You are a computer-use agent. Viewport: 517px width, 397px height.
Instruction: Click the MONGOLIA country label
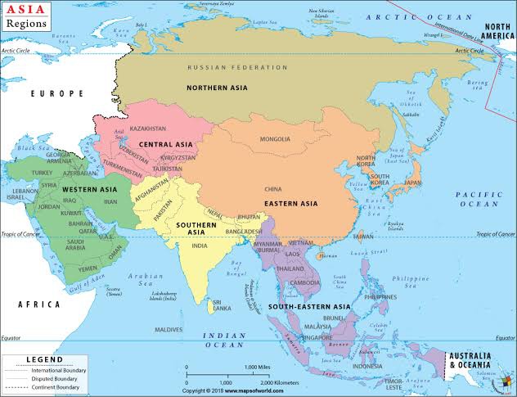(x=274, y=139)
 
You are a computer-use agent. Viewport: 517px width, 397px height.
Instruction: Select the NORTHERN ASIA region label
(x=218, y=88)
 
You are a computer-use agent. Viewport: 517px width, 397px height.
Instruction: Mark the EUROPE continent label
(x=57, y=94)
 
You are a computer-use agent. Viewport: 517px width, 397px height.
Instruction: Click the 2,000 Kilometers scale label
(x=279, y=382)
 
